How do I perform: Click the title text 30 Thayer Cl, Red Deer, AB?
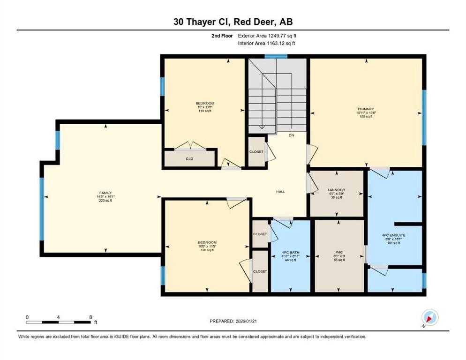233,22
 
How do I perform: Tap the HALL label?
280,191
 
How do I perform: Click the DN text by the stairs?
291,135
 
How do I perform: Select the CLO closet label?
189,159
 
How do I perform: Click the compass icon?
429,317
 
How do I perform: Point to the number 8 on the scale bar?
90,317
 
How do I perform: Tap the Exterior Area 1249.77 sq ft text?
267,35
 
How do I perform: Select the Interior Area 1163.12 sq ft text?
266,43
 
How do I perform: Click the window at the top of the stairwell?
275,56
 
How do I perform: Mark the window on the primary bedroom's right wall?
424,117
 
